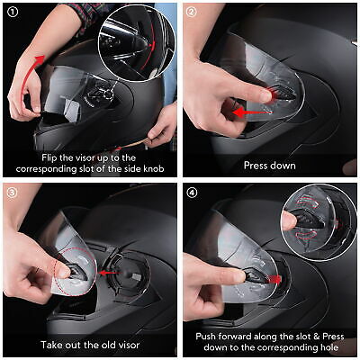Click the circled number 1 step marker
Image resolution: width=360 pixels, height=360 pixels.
tap(13, 12)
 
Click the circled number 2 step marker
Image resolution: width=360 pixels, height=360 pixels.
tap(191, 12)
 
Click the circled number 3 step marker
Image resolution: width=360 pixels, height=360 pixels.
tap(12, 193)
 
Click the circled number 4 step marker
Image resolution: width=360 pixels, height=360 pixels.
tap(193, 193)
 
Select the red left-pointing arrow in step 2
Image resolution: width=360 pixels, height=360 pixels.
tap(250, 112)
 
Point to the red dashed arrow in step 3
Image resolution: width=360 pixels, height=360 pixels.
tap(110, 273)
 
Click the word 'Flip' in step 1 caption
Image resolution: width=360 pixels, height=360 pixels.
tap(48, 157)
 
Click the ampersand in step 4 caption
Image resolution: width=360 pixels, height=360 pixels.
tap(316, 337)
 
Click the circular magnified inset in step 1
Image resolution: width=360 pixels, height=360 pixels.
tap(137, 42)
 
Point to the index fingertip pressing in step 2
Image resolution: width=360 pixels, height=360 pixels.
tap(266, 96)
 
